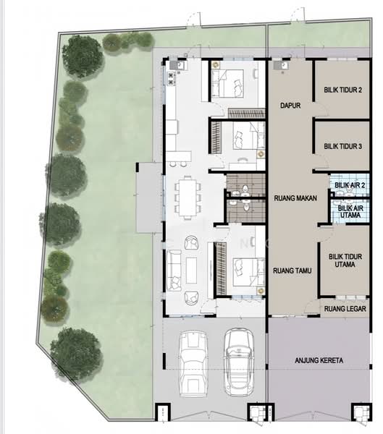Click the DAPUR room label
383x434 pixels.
(290, 106)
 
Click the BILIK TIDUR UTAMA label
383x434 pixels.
(344, 261)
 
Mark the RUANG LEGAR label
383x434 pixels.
(344, 309)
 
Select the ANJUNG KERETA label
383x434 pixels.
(319, 360)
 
